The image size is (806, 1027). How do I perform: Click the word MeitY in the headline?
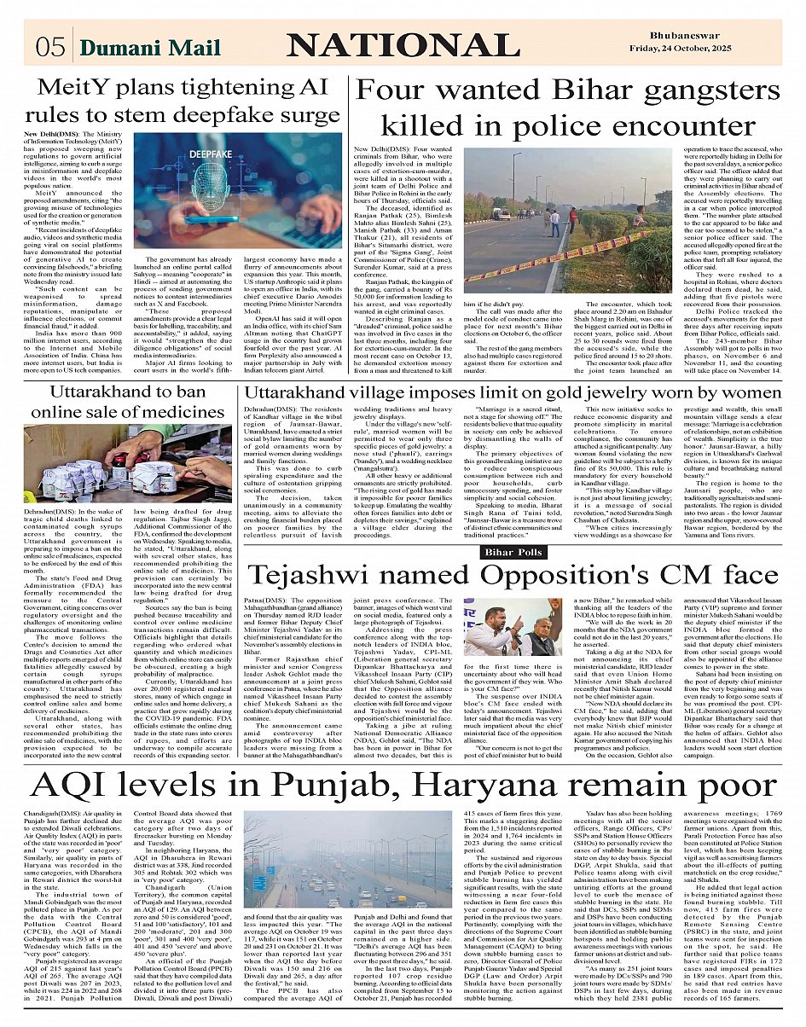70,88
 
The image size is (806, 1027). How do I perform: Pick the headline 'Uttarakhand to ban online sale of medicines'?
118,403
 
